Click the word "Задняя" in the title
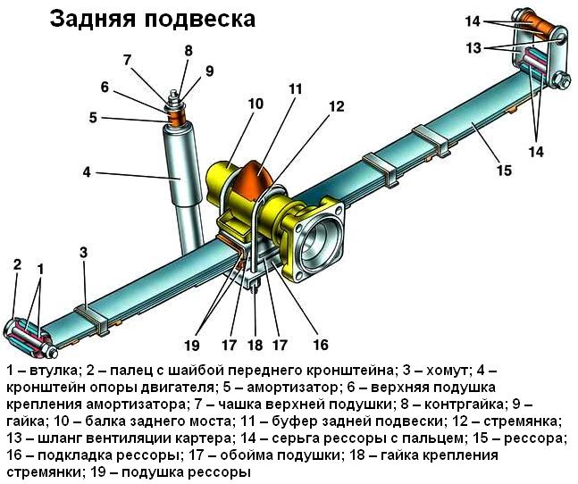[x=92, y=20]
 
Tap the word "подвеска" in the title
[x=199, y=20]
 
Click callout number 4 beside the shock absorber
[x=87, y=171]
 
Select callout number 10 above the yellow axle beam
[x=255, y=104]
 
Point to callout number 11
[x=296, y=88]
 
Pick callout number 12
[x=336, y=106]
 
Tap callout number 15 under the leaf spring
[x=504, y=171]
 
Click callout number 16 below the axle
[x=321, y=345]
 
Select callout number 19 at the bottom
[x=192, y=345]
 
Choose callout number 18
[x=255, y=345]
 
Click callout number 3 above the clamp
[x=84, y=253]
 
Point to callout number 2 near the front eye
[x=17, y=264]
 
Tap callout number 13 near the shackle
[x=473, y=47]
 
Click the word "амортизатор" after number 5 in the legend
[x=292, y=388]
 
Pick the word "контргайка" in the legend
[x=464, y=405]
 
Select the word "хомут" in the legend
[x=447, y=371]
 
